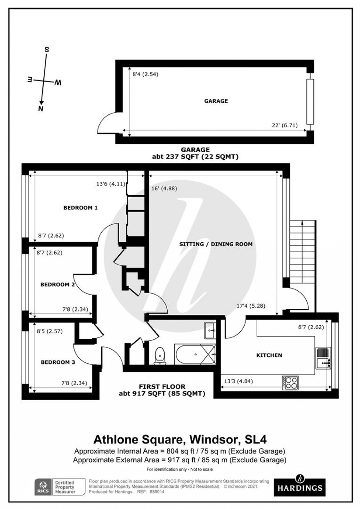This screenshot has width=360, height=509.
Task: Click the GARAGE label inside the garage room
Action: (216, 101)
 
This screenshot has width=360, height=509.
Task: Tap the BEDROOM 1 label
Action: (80, 208)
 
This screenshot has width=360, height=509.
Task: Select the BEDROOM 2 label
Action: (57, 285)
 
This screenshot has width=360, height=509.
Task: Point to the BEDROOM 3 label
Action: (58, 362)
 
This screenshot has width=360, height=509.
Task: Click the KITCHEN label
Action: (269, 355)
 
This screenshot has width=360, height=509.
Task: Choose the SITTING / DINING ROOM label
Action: (216, 244)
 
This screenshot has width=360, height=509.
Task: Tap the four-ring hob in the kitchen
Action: (290, 383)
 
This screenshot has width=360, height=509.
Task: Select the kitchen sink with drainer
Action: (323, 357)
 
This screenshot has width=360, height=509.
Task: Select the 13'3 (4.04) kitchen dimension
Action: (239, 381)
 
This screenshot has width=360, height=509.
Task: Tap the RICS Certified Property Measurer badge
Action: (60, 487)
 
